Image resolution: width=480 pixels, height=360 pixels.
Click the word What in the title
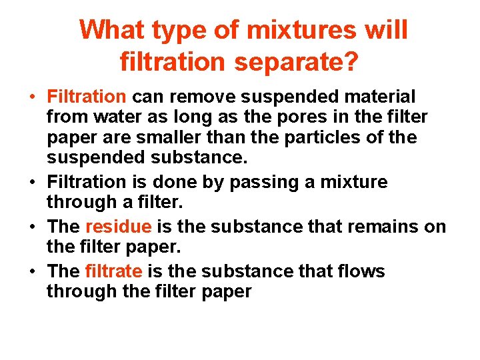(112, 30)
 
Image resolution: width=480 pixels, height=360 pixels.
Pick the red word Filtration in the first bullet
(87, 97)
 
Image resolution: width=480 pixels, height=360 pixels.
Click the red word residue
(119, 227)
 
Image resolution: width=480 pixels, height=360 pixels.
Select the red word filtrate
(114, 271)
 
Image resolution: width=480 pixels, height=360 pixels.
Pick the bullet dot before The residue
(34, 227)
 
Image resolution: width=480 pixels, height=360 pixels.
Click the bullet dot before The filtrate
(34, 272)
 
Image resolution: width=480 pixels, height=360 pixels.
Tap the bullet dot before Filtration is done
(34, 182)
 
